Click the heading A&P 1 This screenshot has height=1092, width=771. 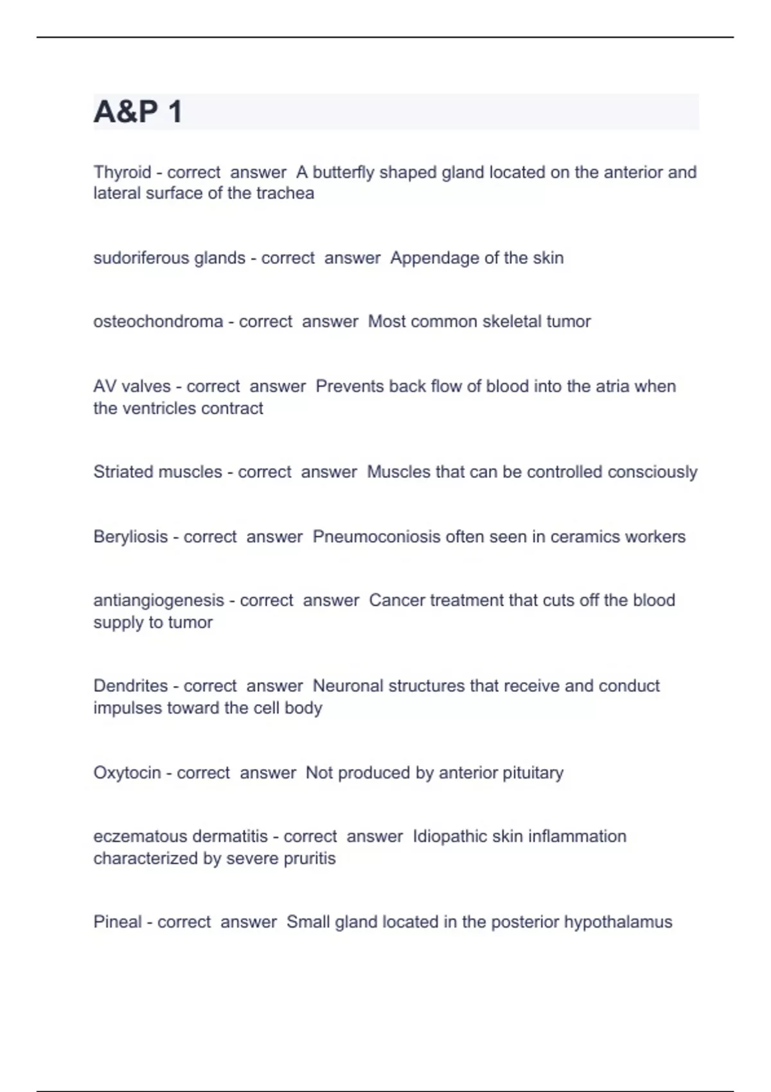(138, 112)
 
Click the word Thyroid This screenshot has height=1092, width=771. (122, 172)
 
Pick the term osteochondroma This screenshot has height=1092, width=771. (158, 321)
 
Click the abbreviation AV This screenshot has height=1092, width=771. (105, 386)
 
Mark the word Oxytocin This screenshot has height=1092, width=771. (127, 772)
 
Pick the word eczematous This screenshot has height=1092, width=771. (131, 836)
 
